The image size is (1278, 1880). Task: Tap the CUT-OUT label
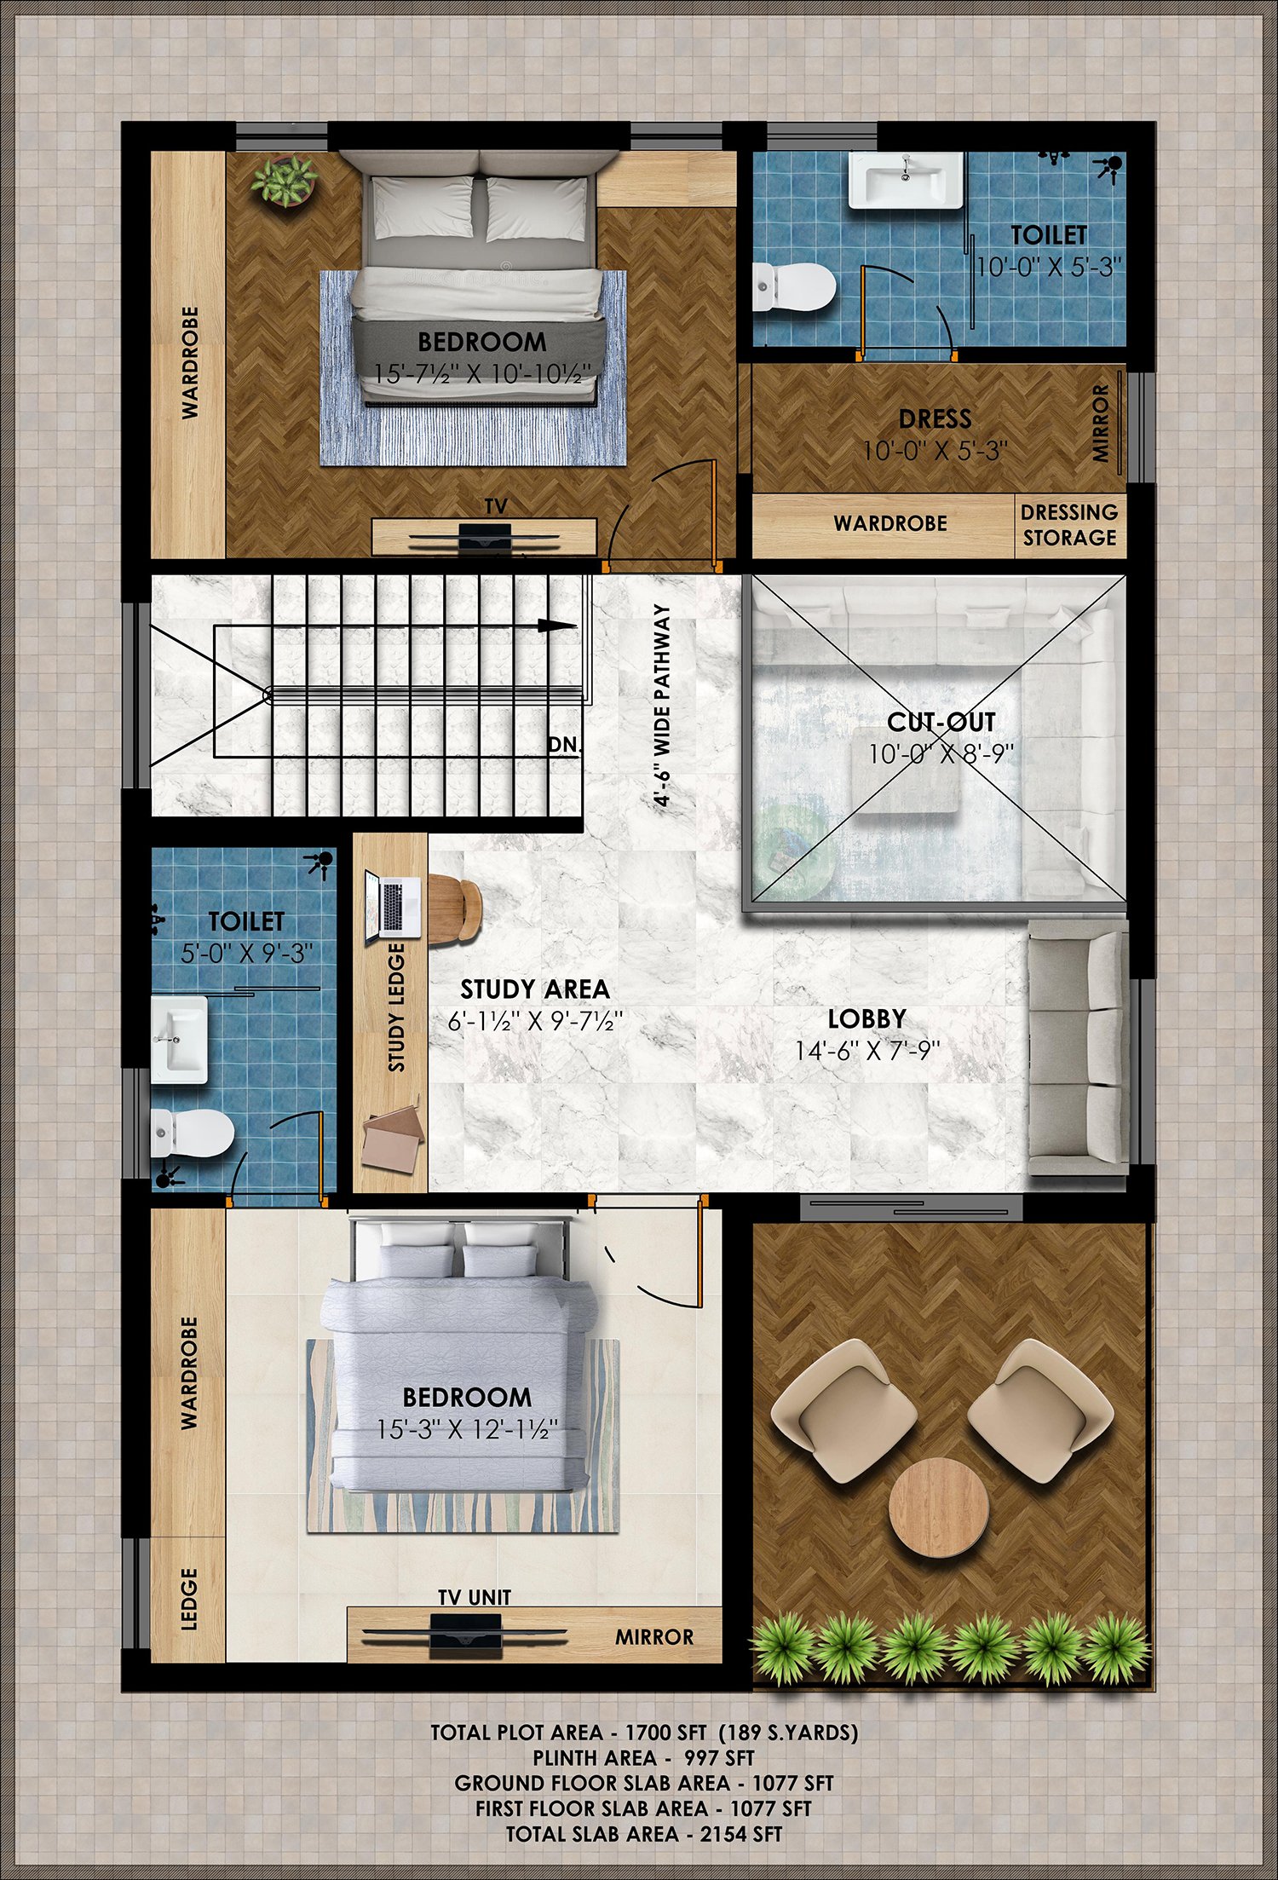[x=941, y=722]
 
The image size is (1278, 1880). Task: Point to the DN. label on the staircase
[x=563, y=744]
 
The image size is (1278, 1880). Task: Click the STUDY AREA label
[x=535, y=989]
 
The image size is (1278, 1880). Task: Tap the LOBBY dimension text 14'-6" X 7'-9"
[x=867, y=1051]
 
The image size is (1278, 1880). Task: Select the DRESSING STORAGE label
[x=1069, y=525]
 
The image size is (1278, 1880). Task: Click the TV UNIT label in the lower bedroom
[x=475, y=1597]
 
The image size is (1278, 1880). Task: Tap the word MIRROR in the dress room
[x=1101, y=423]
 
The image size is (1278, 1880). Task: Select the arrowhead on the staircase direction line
[x=557, y=626]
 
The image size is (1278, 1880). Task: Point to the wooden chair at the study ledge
[x=455, y=909]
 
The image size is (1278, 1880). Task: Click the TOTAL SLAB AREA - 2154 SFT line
[x=644, y=1834]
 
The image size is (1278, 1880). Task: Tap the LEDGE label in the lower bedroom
[x=189, y=1600]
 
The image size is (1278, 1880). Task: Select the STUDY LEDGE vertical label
[x=396, y=1007]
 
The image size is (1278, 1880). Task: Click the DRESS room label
[x=935, y=418]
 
